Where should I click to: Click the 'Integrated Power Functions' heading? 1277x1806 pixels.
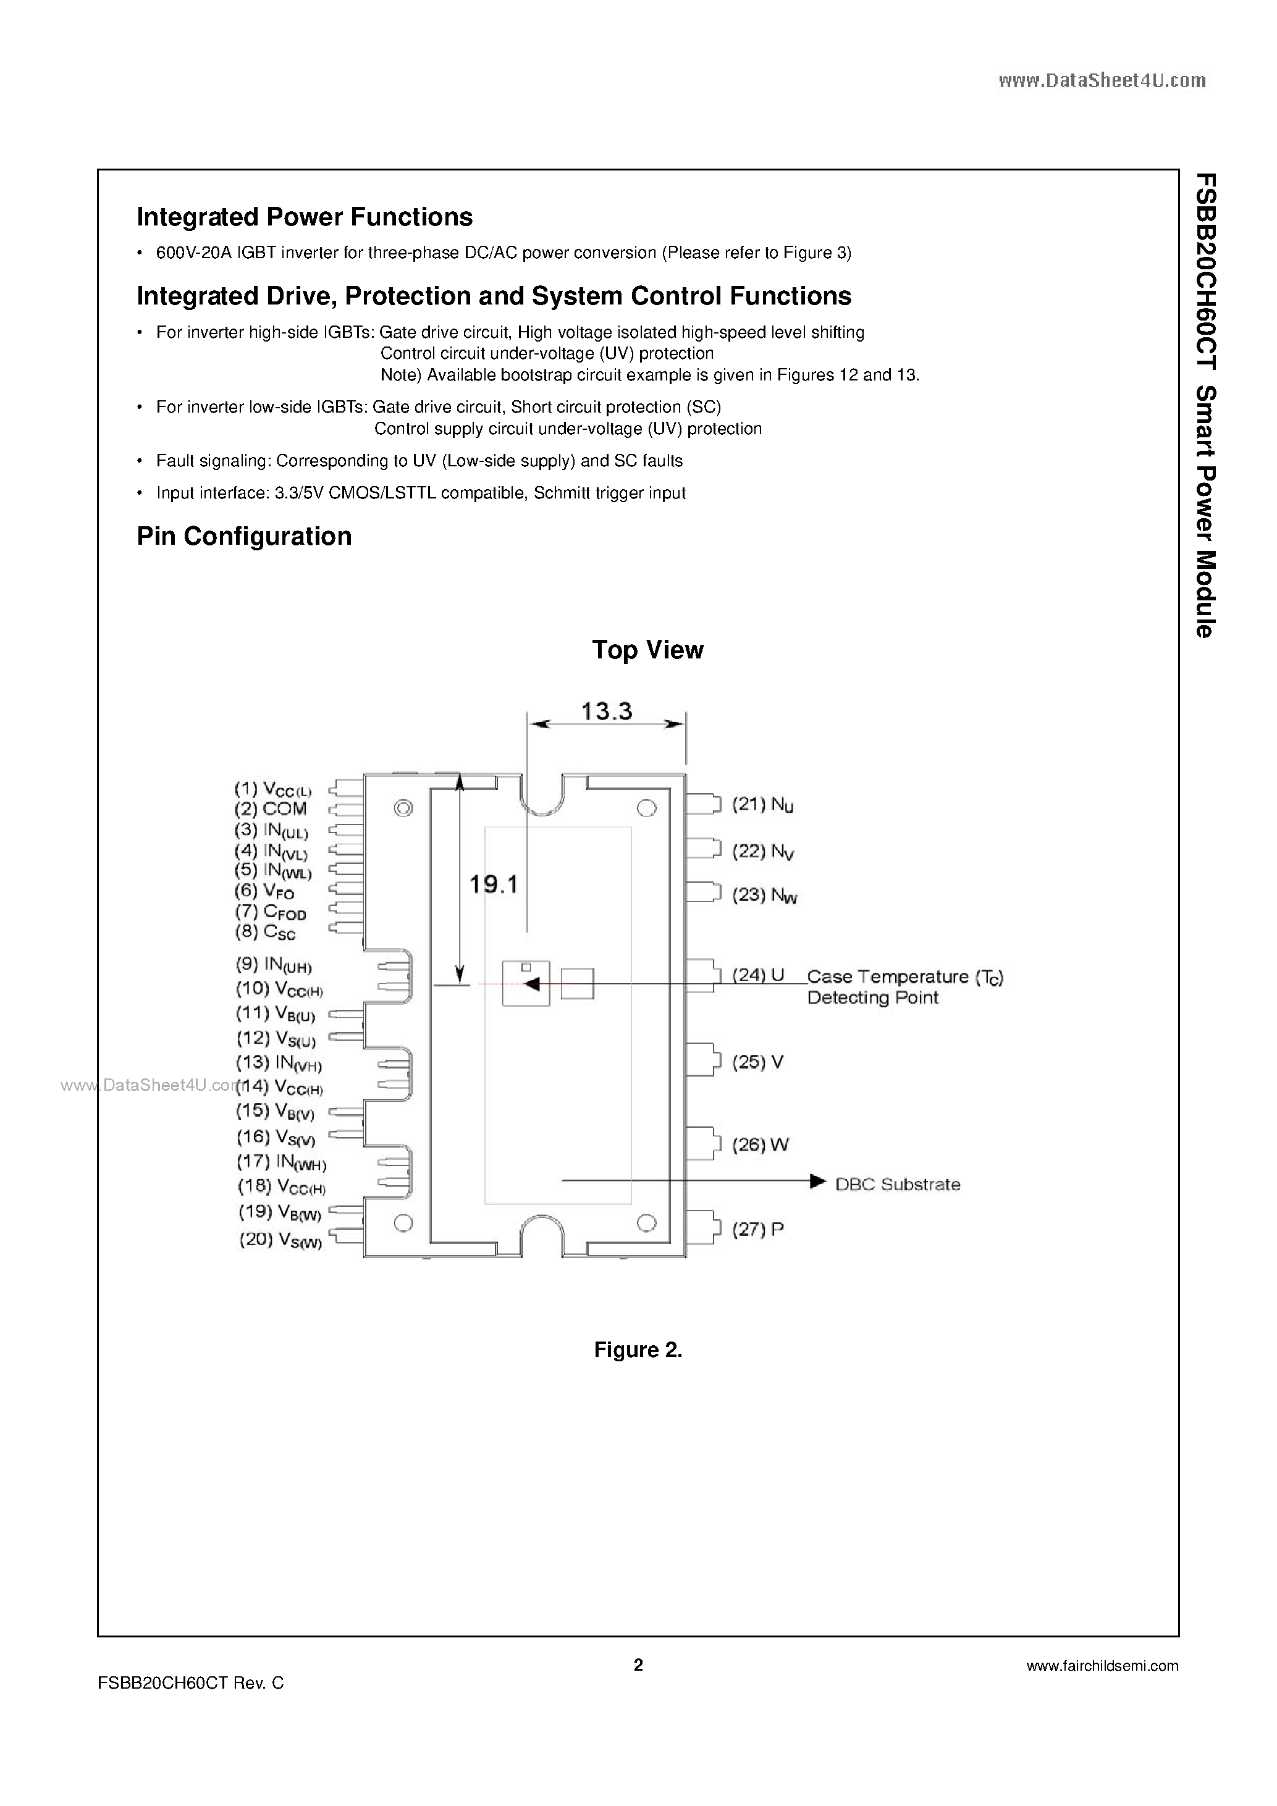pos(305,217)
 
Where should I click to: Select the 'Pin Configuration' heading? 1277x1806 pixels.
pos(244,537)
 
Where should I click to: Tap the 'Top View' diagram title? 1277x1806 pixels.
pos(647,650)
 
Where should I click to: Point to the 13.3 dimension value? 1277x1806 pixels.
pos(607,712)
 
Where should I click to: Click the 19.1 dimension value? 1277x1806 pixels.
pos(494,885)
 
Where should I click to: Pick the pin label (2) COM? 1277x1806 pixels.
pos(270,808)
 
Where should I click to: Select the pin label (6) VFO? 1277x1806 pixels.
pos(264,891)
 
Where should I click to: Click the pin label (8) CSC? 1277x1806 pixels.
pos(265,932)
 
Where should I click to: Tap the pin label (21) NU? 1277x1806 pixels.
pos(757,805)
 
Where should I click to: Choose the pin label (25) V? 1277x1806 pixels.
pos(757,1062)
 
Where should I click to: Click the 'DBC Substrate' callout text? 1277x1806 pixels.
pos(897,1185)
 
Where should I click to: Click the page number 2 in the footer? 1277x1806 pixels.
pos(638,1665)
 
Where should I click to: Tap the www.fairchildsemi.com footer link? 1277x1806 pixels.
pos(1102,1666)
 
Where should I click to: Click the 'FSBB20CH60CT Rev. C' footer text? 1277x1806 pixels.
pos(190,1683)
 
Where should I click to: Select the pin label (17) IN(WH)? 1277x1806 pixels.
pos(281,1162)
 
